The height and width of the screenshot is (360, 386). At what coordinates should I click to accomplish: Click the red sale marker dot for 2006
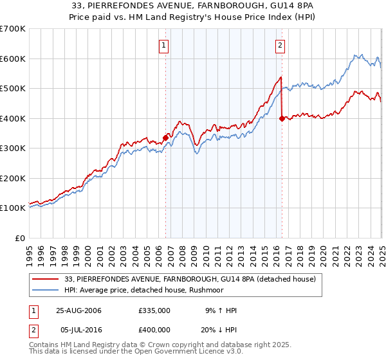(x=166, y=137)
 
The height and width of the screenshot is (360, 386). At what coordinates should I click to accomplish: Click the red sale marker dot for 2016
(x=282, y=118)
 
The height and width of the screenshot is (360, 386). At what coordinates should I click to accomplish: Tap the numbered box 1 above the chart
(x=165, y=45)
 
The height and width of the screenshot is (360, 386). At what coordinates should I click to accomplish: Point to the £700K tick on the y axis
(x=14, y=29)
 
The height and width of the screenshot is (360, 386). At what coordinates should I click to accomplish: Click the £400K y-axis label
(x=14, y=118)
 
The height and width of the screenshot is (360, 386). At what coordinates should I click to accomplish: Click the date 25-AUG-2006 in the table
(x=78, y=310)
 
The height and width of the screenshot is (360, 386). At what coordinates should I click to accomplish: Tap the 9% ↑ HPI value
(x=220, y=310)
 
